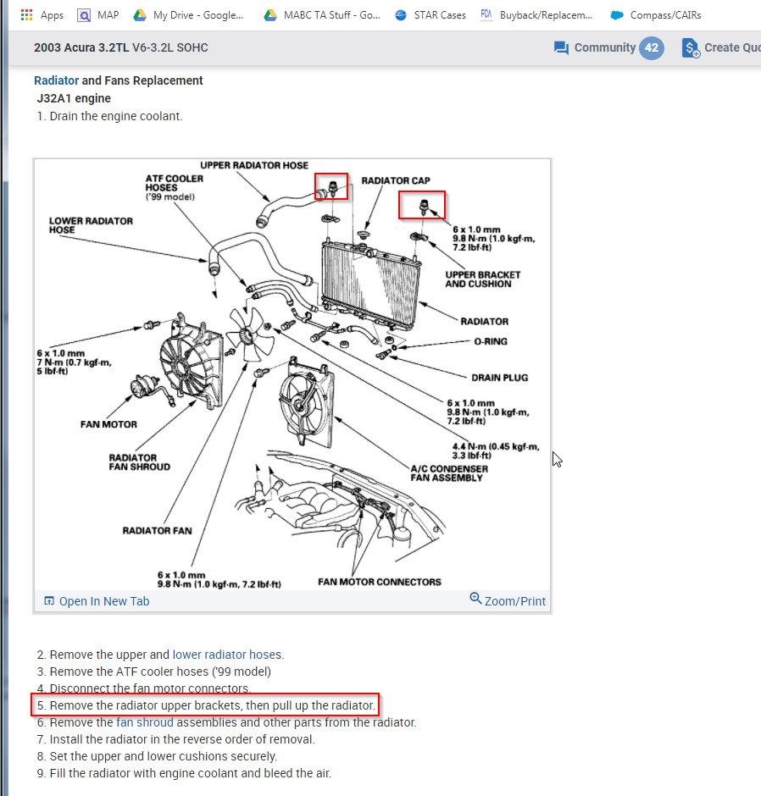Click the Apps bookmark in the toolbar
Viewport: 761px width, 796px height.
(x=42, y=15)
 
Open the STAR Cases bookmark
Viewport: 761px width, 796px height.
(x=430, y=15)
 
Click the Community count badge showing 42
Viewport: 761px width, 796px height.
(x=651, y=47)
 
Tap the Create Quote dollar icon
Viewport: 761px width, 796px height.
(x=691, y=48)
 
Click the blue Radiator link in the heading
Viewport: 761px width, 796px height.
(x=56, y=80)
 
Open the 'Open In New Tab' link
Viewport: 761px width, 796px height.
(x=97, y=601)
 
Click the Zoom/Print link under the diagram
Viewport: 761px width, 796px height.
(x=508, y=601)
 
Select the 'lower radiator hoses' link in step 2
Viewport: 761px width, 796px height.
(x=227, y=655)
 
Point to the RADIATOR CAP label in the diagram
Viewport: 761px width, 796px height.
(x=395, y=180)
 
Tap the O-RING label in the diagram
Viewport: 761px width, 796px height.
(x=492, y=341)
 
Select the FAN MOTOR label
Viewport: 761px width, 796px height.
(x=108, y=424)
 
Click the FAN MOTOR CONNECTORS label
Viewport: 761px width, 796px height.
(x=379, y=582)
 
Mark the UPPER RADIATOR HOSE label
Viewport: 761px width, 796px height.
(x=254, y=165)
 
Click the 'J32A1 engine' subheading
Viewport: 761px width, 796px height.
(x=74, y=98)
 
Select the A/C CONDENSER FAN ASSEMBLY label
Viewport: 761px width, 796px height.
(x=448, y=473)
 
